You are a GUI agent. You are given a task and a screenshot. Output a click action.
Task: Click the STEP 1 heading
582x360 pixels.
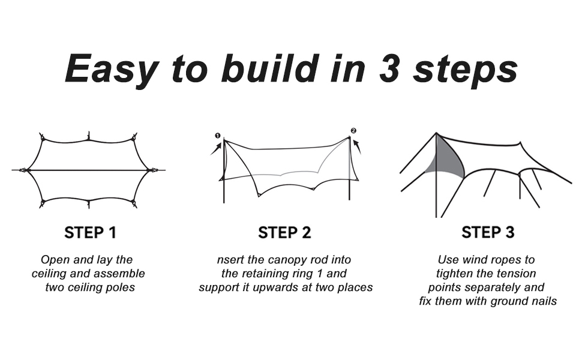[90, 232]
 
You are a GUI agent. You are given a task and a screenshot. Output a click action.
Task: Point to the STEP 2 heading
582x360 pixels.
[284, 233]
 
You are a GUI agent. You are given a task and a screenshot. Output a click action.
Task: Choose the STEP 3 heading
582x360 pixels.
[487, 232]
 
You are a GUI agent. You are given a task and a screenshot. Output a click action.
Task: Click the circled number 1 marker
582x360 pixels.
[217, 136]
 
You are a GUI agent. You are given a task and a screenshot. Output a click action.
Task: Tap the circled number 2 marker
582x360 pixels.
[353, 131]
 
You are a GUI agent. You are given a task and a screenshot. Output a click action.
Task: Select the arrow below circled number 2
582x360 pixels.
[358, 146]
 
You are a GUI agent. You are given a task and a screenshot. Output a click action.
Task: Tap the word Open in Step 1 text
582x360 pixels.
[54, 260]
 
